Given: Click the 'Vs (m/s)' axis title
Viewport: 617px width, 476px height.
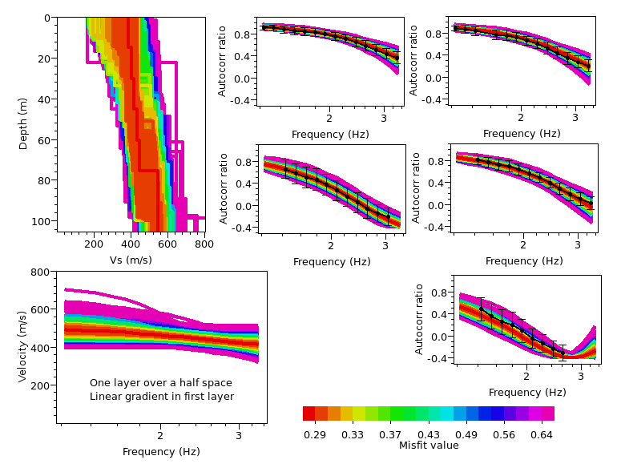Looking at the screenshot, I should coord(131,260).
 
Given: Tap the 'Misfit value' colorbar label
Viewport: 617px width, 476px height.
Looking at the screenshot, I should coord(429,446).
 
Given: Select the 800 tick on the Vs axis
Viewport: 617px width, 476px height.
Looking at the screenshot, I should coord(204,244).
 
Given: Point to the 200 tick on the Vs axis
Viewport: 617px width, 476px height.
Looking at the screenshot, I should coord(94,244).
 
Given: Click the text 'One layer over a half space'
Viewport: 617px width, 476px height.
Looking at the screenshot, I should coord(161,382).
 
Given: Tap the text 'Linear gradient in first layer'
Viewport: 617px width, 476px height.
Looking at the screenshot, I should coord(161,397).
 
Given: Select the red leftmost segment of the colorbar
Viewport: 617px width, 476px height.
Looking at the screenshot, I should coord(308,413).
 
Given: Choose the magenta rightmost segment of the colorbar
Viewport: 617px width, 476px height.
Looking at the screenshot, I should coord(548,413).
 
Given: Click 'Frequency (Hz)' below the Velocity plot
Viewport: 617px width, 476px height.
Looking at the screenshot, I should coord(161,452).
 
